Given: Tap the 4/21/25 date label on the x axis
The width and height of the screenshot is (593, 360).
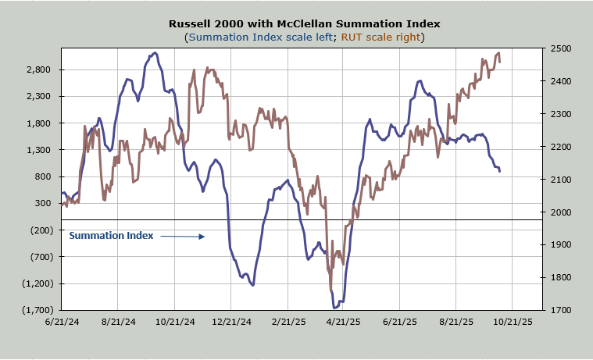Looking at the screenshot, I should [343, 321].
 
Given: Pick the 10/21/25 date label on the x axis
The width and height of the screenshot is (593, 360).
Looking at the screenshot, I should [513, 321].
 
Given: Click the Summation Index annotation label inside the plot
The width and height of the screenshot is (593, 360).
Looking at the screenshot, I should [111, 235].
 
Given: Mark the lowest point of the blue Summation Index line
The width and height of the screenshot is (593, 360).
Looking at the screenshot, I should [335, 308].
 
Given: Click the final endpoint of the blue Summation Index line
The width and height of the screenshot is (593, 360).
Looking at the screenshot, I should [500, 171].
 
